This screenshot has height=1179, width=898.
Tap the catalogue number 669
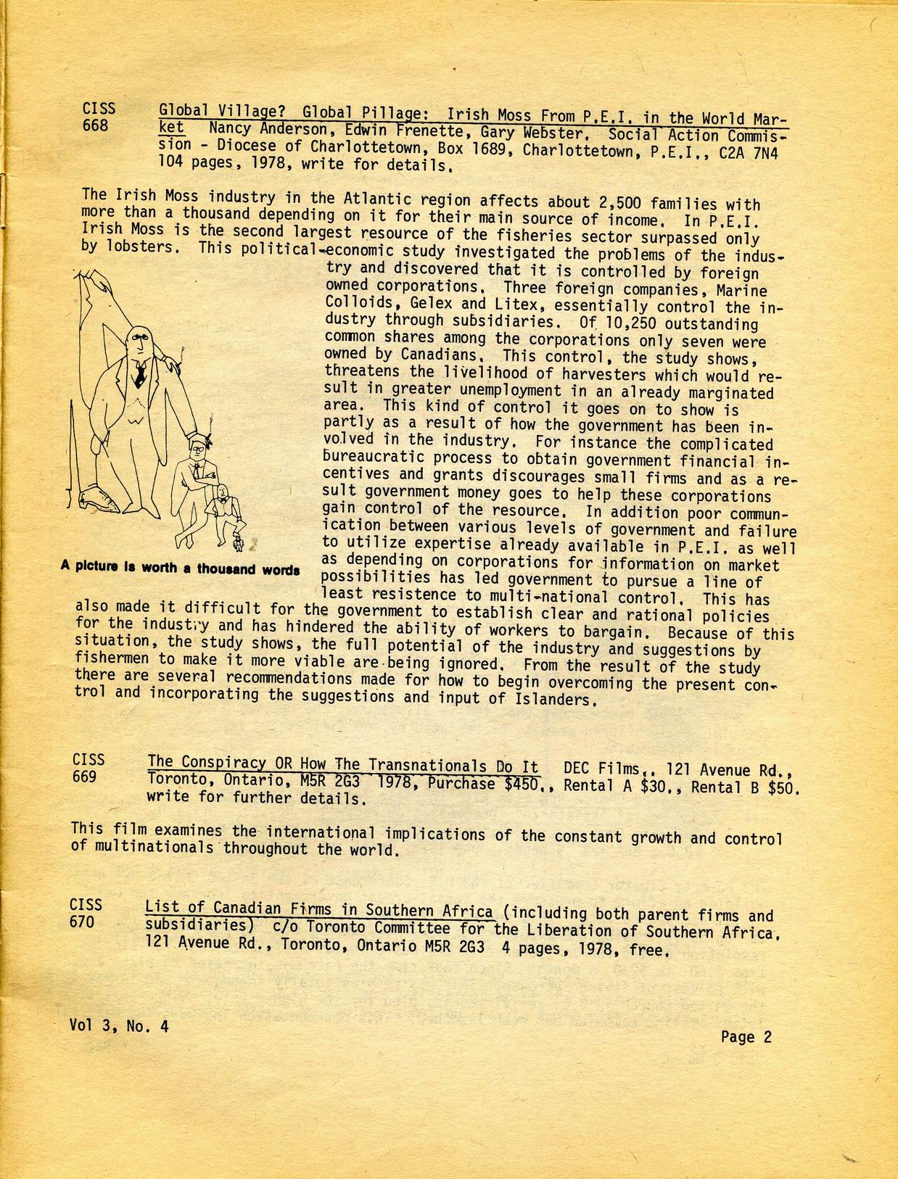coord(85,777)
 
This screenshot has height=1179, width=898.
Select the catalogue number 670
coord(82,922)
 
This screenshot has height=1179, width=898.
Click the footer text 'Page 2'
coord(746,1037)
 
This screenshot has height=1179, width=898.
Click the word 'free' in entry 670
coord(646,949)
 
